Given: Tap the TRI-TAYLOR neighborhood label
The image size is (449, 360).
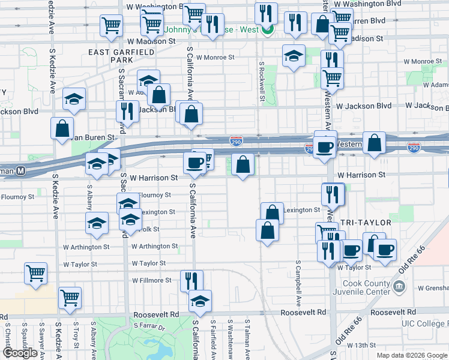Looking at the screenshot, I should click(366, 223).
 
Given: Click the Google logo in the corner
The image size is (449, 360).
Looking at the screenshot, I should click(20, 353).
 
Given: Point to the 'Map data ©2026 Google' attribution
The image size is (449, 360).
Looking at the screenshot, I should click(412, 355).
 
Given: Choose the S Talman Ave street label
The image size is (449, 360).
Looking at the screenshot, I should click(247, 339).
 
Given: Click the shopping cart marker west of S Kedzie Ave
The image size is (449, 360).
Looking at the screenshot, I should click(35, 273).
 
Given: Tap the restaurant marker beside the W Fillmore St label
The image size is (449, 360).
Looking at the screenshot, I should click(191, 280).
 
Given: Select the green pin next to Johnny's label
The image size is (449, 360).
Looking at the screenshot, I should click(270, 29).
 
